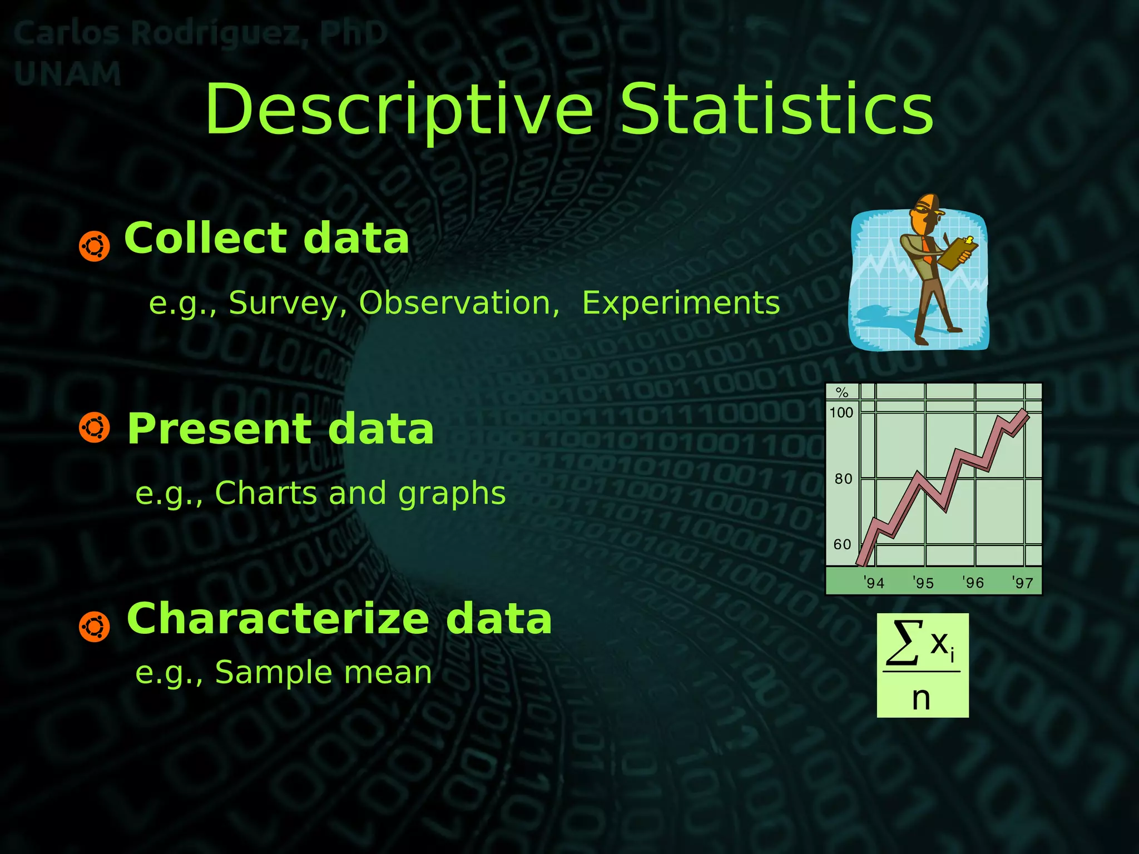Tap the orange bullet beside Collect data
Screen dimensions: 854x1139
[x=94, y=246]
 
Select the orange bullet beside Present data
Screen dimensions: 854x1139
[x=94, y=428]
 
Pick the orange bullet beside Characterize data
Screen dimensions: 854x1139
[x=94, y=627]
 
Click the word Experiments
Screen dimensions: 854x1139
[x=681, y=303]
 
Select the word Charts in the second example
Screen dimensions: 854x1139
[x=261, y=493]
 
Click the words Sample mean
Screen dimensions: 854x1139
[x=323, y=673]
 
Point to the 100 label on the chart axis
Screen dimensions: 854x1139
[x=841, y=413]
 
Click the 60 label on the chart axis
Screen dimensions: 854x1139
[x=842, y=544]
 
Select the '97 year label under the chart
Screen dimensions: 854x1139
[x=1022, y=583]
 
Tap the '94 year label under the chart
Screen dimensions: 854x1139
[x=874, y=583]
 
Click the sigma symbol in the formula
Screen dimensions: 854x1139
[x=904, y=643]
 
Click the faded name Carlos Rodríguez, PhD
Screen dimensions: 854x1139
[x=200, y=33]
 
